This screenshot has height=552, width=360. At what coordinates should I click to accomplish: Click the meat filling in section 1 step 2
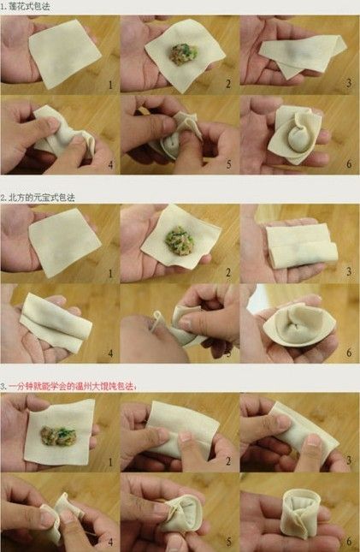point(182,53)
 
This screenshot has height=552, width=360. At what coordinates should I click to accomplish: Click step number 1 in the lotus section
point(110,84)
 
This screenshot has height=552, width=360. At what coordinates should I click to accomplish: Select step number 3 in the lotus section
point(349,84)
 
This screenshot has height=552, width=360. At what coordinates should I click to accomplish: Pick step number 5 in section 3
point(229,541)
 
